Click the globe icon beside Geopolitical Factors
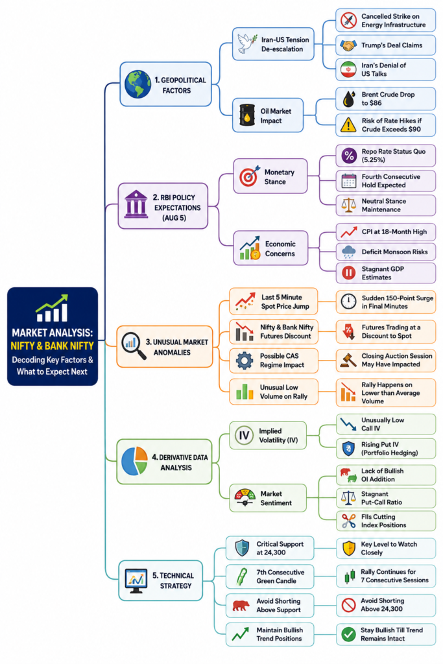pos(138,84)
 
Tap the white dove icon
pos(247,43)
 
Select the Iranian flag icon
pos(348,69)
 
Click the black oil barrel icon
pos(247,115)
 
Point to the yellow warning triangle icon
pos(348,125)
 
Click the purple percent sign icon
pos(349,156)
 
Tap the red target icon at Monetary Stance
pos(249,176)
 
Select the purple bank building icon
pos(136,204)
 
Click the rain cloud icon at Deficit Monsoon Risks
pos(348,252)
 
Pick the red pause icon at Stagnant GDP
pos(348,273)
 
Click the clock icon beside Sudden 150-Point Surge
pos(348,302)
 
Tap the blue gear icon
pos(245,361)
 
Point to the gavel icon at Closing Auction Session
pos(348,360)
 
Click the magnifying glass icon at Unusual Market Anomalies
pos(134,345)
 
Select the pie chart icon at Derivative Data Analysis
pos(134,461)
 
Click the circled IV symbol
pos(244,435)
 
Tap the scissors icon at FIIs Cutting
pos(348,521)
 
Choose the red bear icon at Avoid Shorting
pos(241,606)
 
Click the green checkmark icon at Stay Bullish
pos(348,634)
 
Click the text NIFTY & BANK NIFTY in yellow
pos(52,346)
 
